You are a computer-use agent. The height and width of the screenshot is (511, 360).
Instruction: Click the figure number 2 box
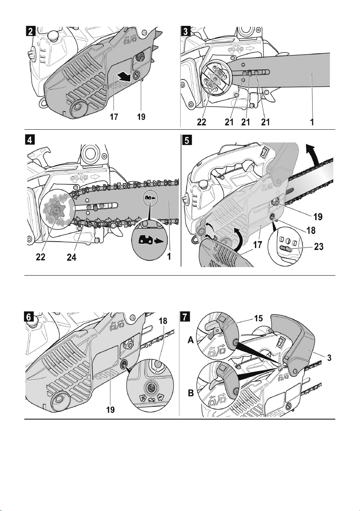coord(30,31)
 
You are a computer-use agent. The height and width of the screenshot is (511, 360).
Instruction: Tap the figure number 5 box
coord(187,140)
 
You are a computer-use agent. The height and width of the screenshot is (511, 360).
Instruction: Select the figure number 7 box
coord(185,317)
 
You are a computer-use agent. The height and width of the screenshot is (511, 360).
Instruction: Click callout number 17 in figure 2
coord(114,117)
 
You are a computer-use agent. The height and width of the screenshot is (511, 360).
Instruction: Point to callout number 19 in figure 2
coord(141,117)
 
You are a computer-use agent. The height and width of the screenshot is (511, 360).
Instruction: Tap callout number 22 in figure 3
coord(201,122)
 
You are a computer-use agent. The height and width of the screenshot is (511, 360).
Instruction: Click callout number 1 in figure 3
coord(312,122)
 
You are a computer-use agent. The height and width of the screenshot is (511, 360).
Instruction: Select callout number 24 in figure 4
coord(71,257)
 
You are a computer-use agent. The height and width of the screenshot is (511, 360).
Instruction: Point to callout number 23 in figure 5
coord(319,247)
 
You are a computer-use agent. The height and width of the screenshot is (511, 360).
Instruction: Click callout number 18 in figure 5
coord(311,230)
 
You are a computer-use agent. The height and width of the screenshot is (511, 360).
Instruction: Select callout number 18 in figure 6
coord(163,321)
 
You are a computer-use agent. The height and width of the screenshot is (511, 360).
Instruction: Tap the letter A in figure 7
coord(191,340)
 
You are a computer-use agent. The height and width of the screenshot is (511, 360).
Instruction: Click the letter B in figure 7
coord(191,393)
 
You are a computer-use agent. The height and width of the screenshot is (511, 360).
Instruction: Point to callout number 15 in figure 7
coord(259,318)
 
